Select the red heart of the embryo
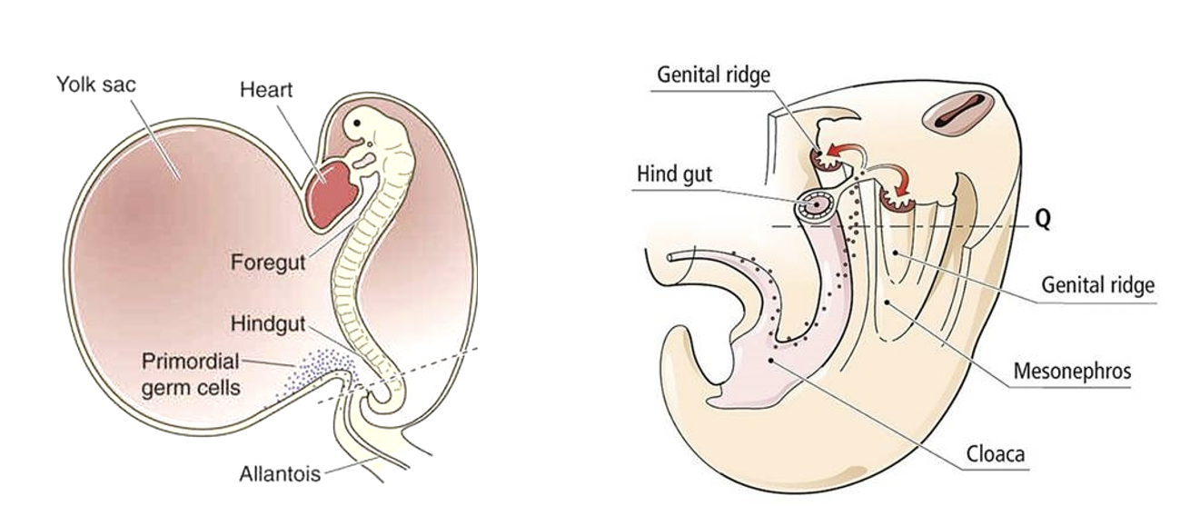coord(330,190)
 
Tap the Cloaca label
coord(996,452)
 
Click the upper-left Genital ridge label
coord(713,74)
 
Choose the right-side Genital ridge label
coord(1097,286)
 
